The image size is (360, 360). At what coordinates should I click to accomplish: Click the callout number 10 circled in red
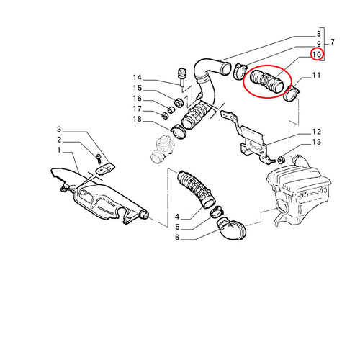[316, 55]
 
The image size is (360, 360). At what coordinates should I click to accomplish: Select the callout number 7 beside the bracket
[332, 42]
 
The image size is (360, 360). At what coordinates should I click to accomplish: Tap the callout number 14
[138, 78]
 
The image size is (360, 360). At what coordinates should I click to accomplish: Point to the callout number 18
[138, 119]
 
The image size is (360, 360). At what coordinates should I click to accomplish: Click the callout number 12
[317, 132]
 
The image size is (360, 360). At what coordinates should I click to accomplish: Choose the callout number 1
[59, 150]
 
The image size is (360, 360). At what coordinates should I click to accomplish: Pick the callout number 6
[177, 238]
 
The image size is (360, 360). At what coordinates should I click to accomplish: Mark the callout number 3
[59, 130]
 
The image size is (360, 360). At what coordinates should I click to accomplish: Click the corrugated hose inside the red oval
[266, 82]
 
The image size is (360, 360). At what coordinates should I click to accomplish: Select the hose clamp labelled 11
[291, 95]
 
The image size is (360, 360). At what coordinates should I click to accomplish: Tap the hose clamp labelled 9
[240, 71]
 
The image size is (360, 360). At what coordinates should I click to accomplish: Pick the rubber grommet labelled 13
[281, 160]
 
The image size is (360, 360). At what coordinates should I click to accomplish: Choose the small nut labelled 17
[165, 116]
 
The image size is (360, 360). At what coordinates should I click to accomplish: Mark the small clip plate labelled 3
[105, 168]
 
